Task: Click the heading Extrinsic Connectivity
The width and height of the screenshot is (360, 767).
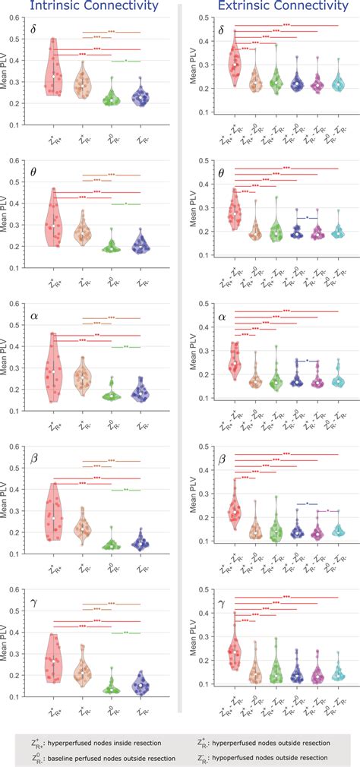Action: (x=267, y=7)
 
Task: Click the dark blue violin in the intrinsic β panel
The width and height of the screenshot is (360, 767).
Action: (x=140, y=540)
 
